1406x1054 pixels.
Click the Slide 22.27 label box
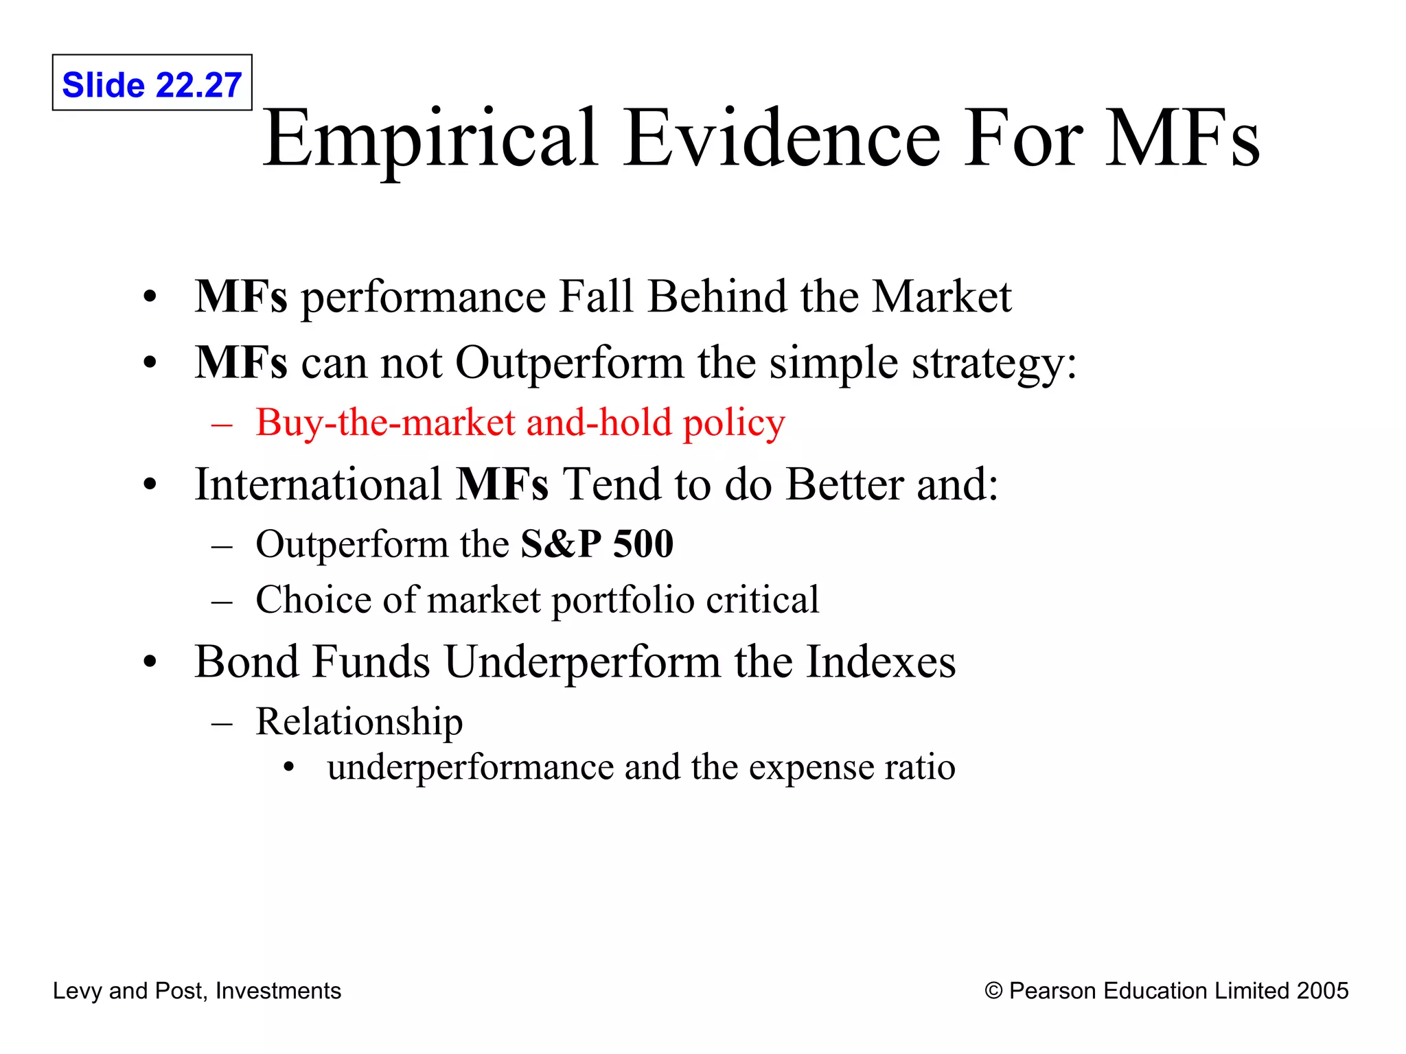coord(152,83)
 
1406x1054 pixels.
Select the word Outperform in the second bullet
coord(569,363)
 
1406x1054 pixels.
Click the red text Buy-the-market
coord(385,423)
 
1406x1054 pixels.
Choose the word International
coord(318,485)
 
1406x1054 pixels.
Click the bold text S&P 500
coord(597,544)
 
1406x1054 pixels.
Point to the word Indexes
coord(881,662)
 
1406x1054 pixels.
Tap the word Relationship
coord(359,723)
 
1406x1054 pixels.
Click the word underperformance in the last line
coord(470,768)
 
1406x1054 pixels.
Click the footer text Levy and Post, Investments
coord(197,991)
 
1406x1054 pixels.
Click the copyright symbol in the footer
coord(993,991)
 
